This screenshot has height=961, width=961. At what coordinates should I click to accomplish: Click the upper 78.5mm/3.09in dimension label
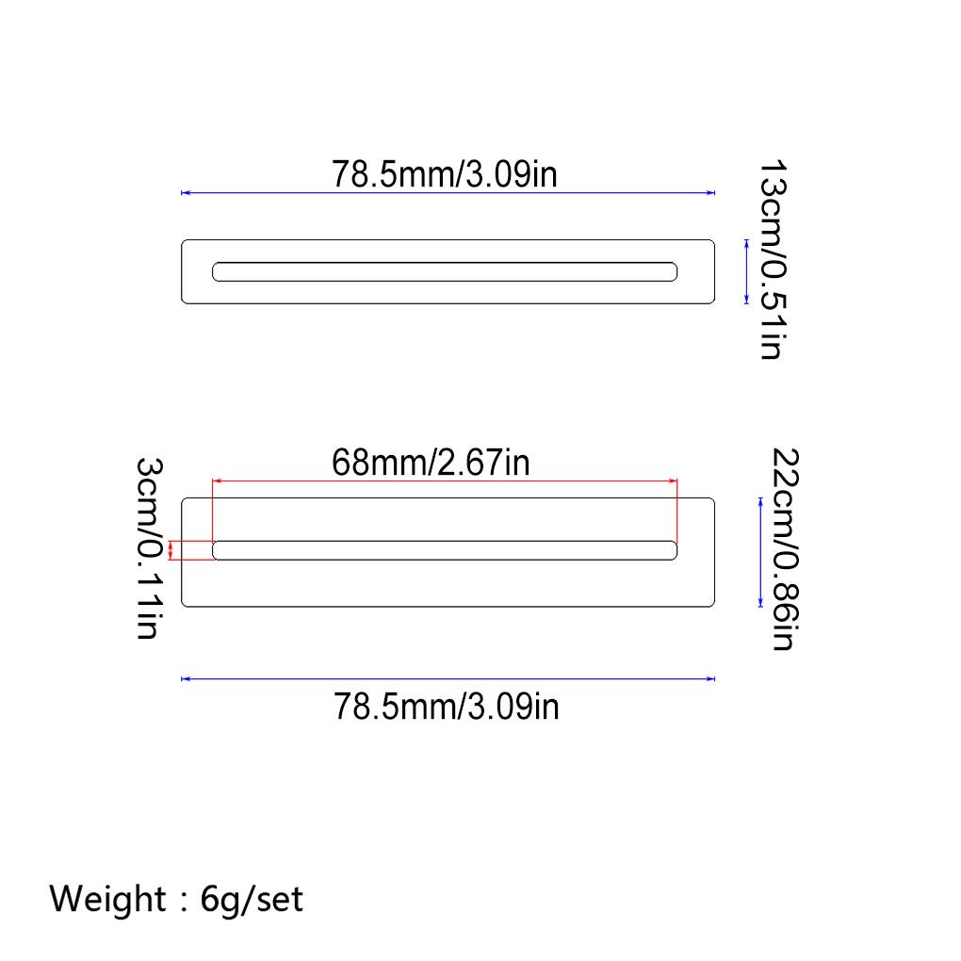444,174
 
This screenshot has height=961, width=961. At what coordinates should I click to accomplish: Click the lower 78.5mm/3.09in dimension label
447,706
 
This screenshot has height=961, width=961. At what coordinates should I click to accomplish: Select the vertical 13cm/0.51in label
772,260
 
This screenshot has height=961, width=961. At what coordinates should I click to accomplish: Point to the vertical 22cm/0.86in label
785,549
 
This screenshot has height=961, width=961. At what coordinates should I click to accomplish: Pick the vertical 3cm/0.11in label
148,549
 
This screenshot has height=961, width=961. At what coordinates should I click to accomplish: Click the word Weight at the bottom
106,899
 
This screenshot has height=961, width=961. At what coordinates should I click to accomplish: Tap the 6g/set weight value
252,899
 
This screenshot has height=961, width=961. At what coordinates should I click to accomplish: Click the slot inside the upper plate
445,271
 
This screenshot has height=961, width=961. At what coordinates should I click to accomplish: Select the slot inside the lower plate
445,550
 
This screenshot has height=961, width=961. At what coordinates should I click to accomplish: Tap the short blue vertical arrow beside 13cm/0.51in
746,271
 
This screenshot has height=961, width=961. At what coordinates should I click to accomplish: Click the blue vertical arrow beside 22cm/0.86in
760,552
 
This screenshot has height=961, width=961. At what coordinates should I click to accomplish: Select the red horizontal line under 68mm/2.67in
445,480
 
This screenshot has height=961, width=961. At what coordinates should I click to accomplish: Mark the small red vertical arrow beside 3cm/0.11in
171,550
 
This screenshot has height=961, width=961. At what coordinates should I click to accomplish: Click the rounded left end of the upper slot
218,271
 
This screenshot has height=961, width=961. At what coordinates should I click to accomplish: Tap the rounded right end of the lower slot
672,550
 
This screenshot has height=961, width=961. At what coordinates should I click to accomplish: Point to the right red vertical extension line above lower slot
677,509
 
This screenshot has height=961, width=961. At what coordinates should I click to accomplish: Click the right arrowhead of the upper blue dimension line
710,193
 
